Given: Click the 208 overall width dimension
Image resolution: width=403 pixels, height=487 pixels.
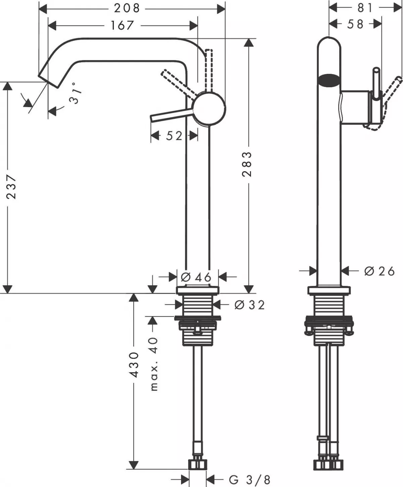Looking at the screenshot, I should tap(127, 8).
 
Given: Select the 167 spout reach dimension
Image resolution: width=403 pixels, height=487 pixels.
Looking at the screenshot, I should tap(122, 25).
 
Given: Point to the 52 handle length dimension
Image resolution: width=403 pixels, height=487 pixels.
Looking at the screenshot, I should tap(174, 136).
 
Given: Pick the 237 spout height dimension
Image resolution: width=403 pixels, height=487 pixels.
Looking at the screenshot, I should tap(11, 186).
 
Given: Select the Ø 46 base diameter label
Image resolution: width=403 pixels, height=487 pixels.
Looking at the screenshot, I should tap(196, 277).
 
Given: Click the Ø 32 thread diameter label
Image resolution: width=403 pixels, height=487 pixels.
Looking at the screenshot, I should tap(250, 305).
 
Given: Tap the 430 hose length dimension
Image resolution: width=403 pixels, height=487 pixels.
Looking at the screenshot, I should tap(134, 364).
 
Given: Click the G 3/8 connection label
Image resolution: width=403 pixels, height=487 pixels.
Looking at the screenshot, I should tap(249, 480).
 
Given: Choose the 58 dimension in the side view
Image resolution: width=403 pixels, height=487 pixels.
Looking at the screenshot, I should tap(355, 24).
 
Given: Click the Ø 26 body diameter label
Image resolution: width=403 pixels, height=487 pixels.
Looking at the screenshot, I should tap(379, 271).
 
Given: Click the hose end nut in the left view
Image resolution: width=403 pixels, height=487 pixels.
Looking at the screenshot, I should tap(197, 465).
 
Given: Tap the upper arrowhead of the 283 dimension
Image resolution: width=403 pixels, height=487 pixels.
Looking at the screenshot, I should tap(249, 43).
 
